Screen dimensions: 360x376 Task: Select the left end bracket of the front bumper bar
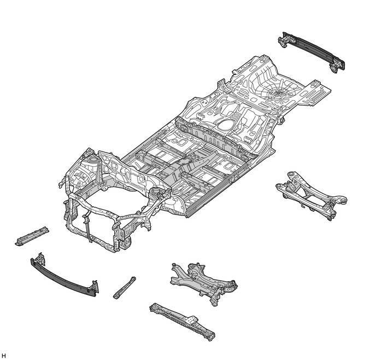[x=38, y=259]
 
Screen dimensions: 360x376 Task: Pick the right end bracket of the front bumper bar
[x=94, y=288]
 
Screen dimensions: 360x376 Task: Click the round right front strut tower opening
[x=157, y=193]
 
